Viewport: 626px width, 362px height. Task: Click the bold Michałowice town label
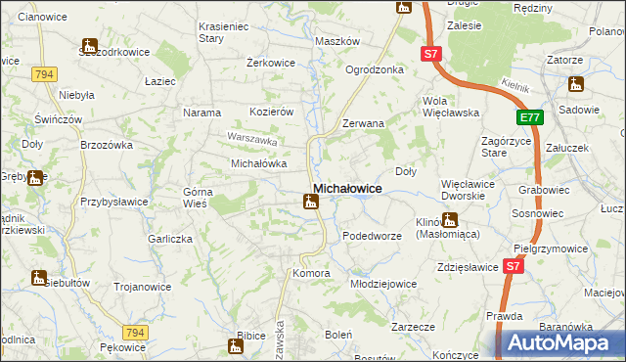coord(347,187)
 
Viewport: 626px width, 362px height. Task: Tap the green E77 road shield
coord(529,118)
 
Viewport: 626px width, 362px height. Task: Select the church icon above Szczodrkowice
coord(90,46)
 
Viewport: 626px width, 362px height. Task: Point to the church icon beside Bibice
coord(236,345)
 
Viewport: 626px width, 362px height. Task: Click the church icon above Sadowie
coord(575,85)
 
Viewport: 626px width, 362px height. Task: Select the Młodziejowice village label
coord(383,284)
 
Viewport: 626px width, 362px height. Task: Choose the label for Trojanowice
coord(143,287)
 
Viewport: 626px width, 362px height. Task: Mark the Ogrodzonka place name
coord(375,69)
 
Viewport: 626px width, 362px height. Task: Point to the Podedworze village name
coord(372,237)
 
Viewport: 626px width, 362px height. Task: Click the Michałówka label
coord(257,163)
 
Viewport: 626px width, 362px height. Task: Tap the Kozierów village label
coord(272,113)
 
